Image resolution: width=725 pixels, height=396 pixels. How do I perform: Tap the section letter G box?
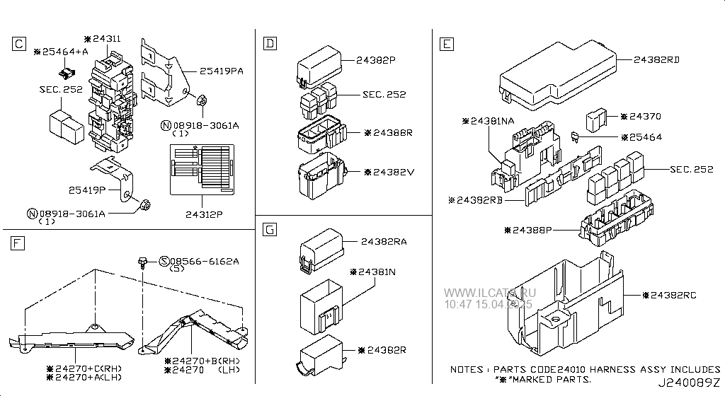click(x=268, y=229)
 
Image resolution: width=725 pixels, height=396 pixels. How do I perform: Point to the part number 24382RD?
click(x=656, y=60)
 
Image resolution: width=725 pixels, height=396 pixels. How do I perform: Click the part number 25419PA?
click(x=222, y=71)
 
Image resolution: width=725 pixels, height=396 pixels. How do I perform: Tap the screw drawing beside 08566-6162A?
click(x=143, y=264)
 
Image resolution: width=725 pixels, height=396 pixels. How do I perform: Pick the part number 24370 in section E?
click(x=644, y=116)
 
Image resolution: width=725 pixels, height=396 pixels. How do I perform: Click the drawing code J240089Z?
click(x=691, y=384)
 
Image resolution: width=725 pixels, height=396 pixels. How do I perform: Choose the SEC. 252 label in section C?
click(x=61, y=90)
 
